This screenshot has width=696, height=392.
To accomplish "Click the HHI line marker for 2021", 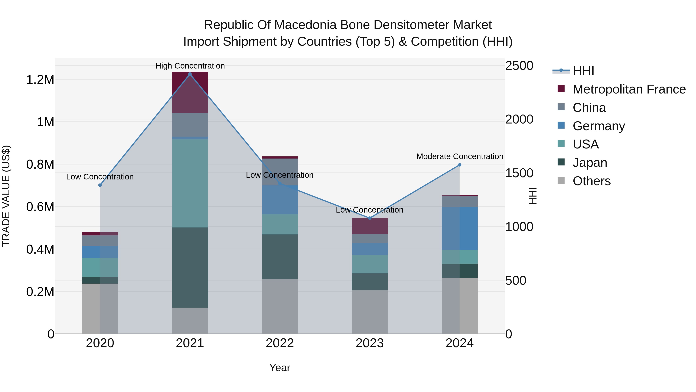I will [190, 74].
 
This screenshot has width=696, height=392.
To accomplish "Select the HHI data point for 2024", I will [460, 165].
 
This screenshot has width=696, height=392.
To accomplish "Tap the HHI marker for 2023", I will [370, 218].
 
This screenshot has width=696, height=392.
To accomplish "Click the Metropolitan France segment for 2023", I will [370, 226].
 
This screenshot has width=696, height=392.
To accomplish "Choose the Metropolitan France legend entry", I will [629, 89].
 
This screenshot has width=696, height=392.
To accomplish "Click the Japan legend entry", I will [590, 163].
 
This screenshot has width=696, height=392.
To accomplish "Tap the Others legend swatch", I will [561, 180].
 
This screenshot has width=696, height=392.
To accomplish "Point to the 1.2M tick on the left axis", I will [40, 80].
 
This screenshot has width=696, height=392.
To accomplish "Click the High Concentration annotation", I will [190, 66].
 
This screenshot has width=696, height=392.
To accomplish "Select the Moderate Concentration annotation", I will [460, 156].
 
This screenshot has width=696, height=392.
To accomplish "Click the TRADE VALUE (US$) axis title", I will [6, 196].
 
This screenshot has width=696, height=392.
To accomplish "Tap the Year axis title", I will [280, 368].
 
